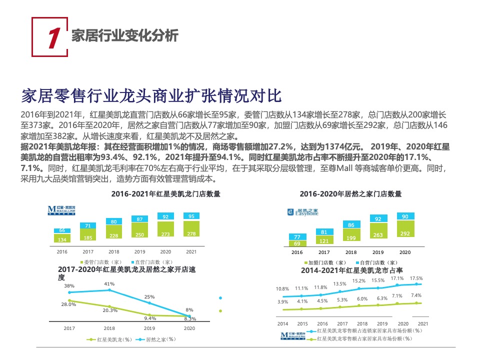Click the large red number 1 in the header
tap(53, 37)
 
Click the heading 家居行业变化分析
tap(124, 35)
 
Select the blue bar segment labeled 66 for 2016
tap(62, 230)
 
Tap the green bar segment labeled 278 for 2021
tap(191, 233)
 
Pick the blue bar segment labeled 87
tap(139, 219)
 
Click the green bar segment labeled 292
tap(405, 233)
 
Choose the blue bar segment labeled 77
tap(297, 236)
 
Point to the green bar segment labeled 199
tap(351, 237)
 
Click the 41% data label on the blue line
tap(109, 284)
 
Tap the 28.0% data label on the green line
tap(68, 304)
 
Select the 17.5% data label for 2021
tap(416, 278)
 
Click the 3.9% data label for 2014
tap(282, 301)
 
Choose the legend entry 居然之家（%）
tap(157, 339)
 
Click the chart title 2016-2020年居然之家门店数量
tap(350, 193)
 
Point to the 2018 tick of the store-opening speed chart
tap(109, 328)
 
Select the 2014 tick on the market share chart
tap(283, 323)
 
